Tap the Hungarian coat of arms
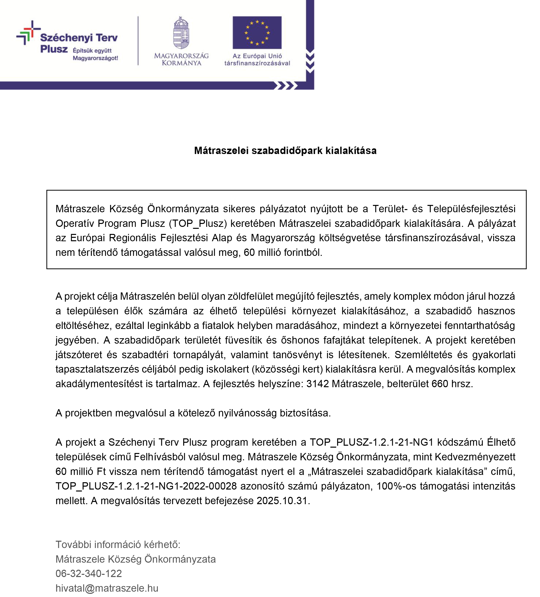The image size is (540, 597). [x=181, y=33]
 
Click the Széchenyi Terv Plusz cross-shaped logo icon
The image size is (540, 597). [x=28, y=32]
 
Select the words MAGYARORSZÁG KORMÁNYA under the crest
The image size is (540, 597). [x=181, y=59]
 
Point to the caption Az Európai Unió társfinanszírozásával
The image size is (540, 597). [x=257, y=59]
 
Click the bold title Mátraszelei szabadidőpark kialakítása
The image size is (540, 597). [x=285, y=151]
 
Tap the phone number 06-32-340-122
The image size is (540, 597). [x=88, y=573]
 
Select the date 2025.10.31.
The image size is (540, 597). [x=283, y=501]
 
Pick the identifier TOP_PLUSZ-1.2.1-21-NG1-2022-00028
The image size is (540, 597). [x=146, y=486]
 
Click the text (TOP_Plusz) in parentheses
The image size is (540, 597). [x=198, y=223]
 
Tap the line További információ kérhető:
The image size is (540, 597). [x=118, y=544]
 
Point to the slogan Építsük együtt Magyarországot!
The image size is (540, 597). [x=95, y=54]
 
